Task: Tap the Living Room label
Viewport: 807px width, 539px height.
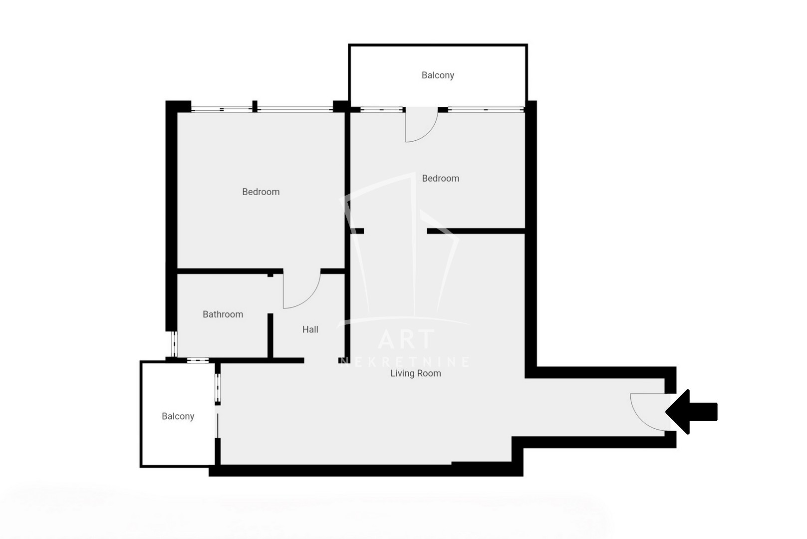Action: (x=416, y=373)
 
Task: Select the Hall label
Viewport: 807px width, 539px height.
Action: (x=310, y=329)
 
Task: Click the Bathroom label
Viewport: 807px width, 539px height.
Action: (x=223, y=314)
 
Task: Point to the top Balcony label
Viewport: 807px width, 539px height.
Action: (x=438, y=75)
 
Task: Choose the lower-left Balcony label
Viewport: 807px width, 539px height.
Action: (x=178, y=416)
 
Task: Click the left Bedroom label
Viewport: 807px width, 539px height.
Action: (x=261, y=192)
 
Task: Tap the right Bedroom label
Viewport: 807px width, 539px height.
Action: (x=441, y=178)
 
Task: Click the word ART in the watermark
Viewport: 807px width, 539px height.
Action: (x=406, y=339)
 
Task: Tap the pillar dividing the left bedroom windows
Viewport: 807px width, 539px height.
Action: (x=255, y=107)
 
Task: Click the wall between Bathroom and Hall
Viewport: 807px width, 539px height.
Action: (x=270, y=336)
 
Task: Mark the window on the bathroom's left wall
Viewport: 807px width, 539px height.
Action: (x=174, y=344)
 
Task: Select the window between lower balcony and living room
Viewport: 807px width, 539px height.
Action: (x=218, y=388)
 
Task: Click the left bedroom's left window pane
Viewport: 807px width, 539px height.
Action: (x=222, y=109)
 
